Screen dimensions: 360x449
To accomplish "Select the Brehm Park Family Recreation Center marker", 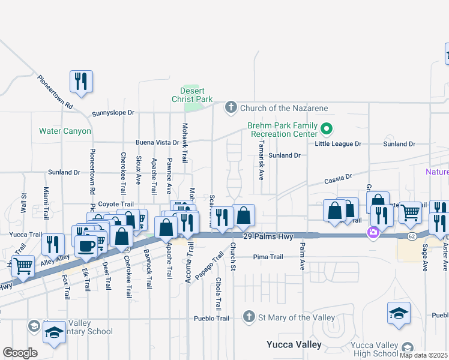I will tap(327, 128).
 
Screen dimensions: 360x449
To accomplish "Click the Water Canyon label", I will tap(65, 131).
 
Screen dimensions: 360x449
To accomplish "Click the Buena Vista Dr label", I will tap(157, 143).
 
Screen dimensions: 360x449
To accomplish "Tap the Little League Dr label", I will tap(338, 144).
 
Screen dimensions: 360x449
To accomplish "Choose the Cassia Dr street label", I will tap(337, 179).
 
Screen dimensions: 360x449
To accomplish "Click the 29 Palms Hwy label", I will tap(268, 237).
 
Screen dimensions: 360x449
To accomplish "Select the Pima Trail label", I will tap(268, 257).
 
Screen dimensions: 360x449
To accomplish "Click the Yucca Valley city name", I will tap(294, 345).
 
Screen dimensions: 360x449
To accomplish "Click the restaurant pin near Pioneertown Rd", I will tap(81, 81).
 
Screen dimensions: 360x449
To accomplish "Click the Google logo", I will tap(20, 352).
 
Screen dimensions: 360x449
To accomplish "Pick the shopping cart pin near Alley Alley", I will tap(23, 265).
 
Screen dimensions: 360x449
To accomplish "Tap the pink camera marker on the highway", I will tap(373, 232).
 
